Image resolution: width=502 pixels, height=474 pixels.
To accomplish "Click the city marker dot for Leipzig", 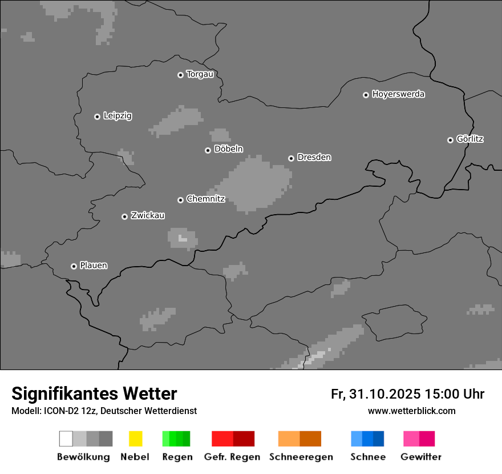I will point(97,117).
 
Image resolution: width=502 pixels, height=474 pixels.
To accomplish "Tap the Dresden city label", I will point(314,157).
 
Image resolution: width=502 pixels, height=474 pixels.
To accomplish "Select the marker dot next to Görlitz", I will point(450,140).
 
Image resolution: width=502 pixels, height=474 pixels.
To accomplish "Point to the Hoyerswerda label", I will point(398,94).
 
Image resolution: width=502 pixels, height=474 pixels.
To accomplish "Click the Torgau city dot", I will point(180,75).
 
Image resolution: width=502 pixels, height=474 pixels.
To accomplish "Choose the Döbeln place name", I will point(228,149).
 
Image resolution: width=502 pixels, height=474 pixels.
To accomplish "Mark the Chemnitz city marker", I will point(180,200).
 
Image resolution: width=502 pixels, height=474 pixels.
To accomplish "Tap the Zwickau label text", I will point(148,215).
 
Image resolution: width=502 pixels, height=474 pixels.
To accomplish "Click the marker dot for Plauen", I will point(74,266).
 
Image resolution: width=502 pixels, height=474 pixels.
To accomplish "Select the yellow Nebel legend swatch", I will point(135,439).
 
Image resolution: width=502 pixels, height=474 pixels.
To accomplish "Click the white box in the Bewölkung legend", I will point(66,439).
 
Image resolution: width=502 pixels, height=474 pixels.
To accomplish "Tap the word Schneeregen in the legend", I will point(301,457).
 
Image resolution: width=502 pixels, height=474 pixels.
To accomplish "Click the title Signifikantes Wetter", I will point(94,393).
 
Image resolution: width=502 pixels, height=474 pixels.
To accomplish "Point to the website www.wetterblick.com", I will point(411,411).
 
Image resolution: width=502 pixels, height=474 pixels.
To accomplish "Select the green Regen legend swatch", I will point(176,439).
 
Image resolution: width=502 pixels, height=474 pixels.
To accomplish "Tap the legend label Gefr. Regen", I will point(232,457).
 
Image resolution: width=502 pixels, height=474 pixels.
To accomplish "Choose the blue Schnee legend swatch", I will point(367,439).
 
